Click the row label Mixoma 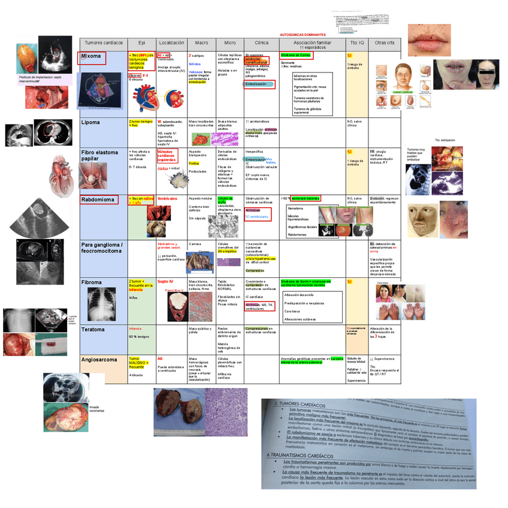[92, 58]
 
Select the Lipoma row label [91, 122]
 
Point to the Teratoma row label [93, 329]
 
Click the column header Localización [172, 43]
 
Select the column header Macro [201, 43]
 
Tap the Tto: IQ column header [357, 43]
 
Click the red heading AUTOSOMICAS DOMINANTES [303, 35]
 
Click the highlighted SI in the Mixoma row [349, 56]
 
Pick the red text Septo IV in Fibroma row [165, 281]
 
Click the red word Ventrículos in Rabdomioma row [167, 198]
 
